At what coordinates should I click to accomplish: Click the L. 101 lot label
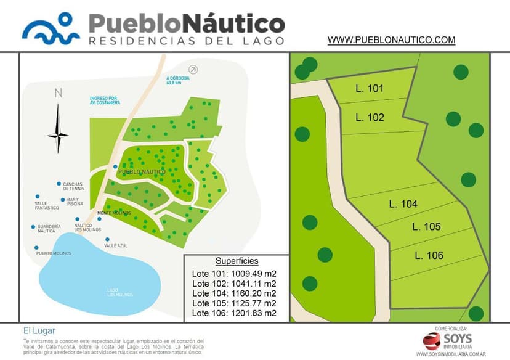pos(370,88)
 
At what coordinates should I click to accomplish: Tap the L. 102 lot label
pos(370,117)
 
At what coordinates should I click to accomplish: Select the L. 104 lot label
pos(403,204)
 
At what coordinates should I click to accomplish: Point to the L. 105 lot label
pos(426,227)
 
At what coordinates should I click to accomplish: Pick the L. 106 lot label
pos(429,255)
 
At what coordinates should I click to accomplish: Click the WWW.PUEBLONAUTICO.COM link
pos(391,40)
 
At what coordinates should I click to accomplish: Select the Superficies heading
pos(237,261)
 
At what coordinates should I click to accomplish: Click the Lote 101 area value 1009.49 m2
pos(253,274)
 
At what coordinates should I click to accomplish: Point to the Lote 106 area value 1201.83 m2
pos(253,313)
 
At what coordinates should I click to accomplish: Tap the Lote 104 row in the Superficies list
pos(234,293)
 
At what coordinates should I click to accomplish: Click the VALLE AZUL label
pos(116,246)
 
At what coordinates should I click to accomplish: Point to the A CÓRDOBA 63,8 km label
pos(177,81)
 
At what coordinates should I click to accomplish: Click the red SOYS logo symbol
pos(432,340)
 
